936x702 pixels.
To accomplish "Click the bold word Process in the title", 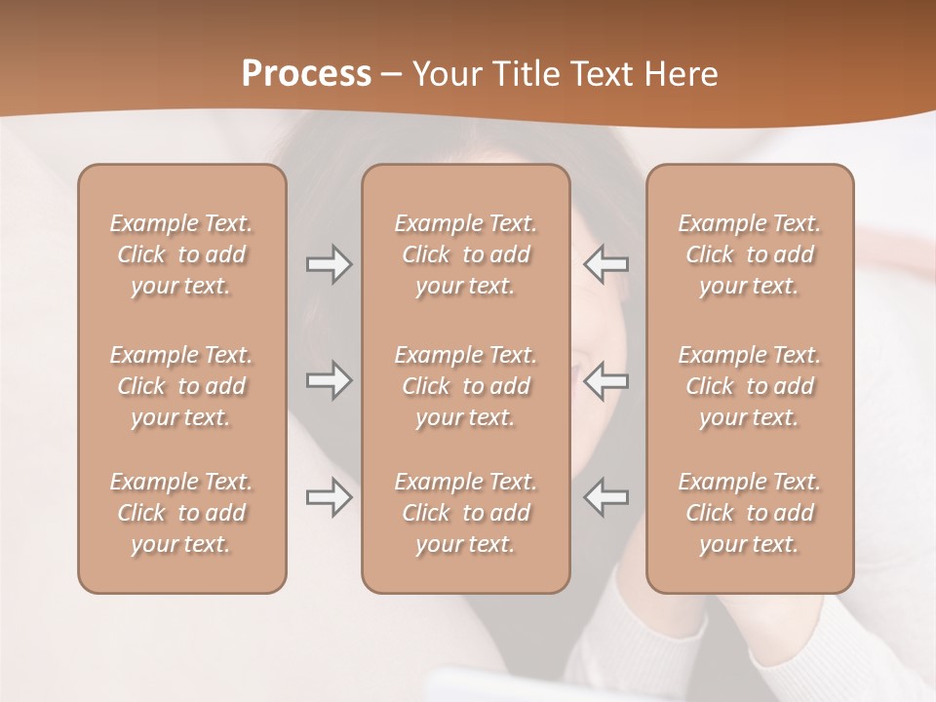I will click(306, 73).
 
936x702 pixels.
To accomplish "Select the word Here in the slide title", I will click(680, 73).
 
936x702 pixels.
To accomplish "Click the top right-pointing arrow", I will click(329, 264).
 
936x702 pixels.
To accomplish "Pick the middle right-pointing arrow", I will click(329, 380).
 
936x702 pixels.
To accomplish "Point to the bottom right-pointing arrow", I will click(329, 497).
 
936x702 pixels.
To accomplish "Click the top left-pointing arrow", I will click(606, 264).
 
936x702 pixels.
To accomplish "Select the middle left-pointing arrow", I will click(606, 380).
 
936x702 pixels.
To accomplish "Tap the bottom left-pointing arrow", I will click(606, 497).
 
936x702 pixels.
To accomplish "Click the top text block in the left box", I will click(181, 254).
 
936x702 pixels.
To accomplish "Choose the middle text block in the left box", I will click(181, 386).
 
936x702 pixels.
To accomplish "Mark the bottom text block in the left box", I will click(181, 513).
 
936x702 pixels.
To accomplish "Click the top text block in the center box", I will click(465, 254).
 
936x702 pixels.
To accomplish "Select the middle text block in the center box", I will click(465, 386).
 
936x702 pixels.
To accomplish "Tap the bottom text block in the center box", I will click(465, 513).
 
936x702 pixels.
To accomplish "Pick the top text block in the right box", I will click(749, 254).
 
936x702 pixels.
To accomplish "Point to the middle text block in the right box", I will click(749, 386).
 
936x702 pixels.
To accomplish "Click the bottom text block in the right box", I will click(749, 513).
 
